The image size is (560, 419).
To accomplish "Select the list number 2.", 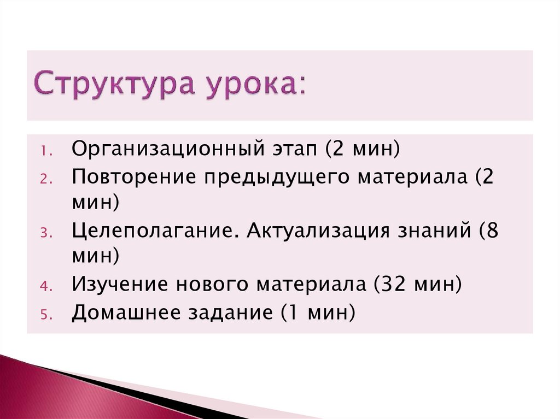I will click(46, 179).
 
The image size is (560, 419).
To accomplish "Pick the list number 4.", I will click(46, 286).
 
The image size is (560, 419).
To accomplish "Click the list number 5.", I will click(46, 314).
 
